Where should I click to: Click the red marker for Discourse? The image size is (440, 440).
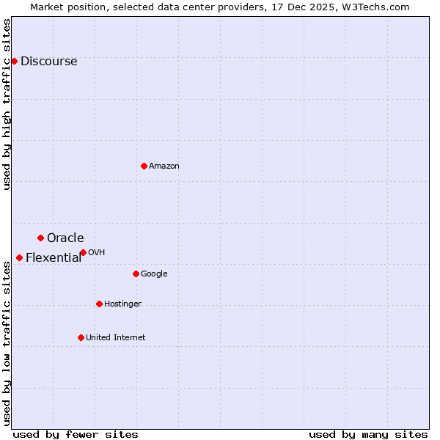click(14, 61)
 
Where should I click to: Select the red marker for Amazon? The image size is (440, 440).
click(144, 166)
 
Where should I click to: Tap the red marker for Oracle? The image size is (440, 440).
click(40, 238)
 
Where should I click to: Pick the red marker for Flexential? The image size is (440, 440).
click(19, 257)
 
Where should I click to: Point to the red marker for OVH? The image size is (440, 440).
click(83, 252)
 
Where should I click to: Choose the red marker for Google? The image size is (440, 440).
click(136, 274)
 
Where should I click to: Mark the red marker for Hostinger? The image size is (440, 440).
click(99, 304)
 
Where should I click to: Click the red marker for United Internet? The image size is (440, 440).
click(81, 337)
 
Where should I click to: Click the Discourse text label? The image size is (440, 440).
click(49, 62)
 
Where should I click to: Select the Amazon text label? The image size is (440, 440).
click(164, 166)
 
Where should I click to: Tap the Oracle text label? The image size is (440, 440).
click(65, 238)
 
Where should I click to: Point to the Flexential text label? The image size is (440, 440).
click(54, 258)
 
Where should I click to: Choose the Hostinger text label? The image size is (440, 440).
click(122, 304)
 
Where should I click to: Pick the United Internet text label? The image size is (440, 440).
click(115, 338)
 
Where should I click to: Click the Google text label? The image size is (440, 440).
click(154, 274)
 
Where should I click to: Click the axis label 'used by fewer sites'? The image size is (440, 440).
click(76, 434)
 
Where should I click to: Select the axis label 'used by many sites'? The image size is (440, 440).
click(368, 434)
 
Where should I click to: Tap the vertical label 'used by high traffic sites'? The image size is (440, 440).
click(7, 104)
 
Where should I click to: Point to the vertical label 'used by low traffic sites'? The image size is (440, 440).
click(7, 343)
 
